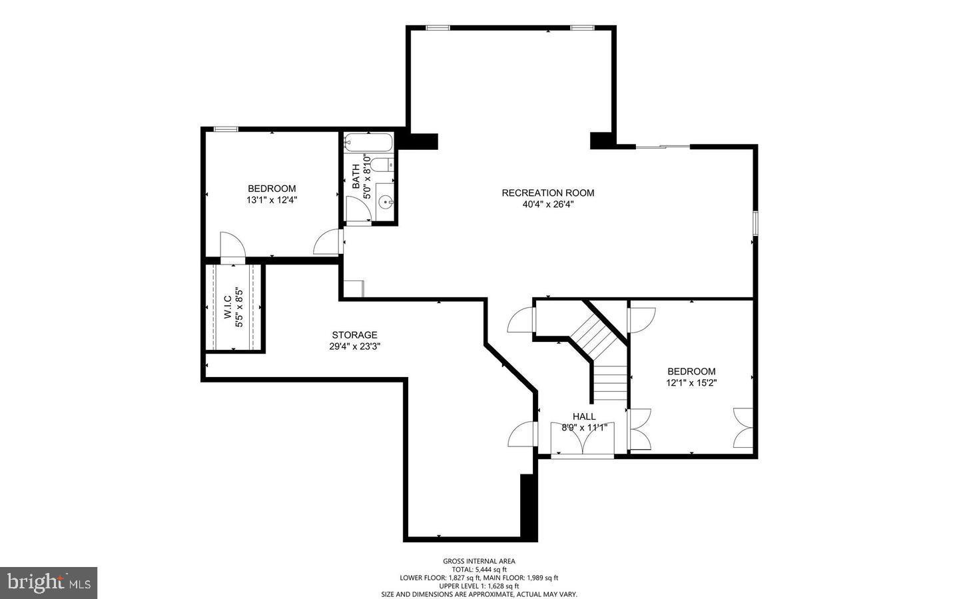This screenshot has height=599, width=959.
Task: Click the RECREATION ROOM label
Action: coord(547,193)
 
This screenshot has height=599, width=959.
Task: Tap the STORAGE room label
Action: coord(354,335)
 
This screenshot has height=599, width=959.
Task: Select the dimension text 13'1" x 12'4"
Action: coord(272,200)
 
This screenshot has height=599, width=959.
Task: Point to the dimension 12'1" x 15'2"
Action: coord(691,382)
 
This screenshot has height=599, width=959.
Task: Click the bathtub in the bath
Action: coord(368,142)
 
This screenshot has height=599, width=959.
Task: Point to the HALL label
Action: coord(584,416)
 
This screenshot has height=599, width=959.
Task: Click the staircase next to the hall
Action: coord(603,353)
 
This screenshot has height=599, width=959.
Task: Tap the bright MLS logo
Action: coord(49,583)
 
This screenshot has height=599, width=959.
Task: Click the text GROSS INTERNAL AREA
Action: coord(479,561)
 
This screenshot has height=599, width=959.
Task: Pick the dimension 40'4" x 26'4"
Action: coord(547,205)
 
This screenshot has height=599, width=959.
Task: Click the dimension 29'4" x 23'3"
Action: coord(354,346)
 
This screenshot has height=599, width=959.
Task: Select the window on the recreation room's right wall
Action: coord(755,223)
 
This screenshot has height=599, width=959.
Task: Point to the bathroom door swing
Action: coord(358,209)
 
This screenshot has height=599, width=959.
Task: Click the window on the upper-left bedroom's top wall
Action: coord(226,129)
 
